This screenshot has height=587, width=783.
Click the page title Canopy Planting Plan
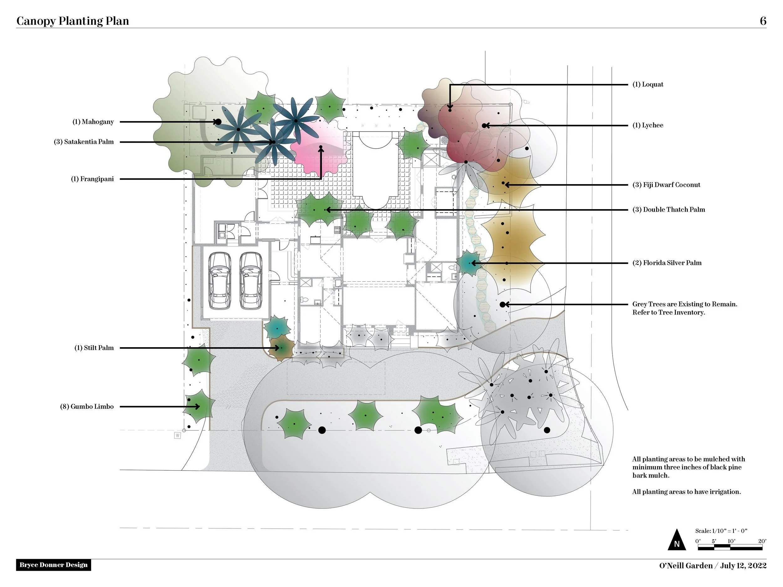[x=73, y=21]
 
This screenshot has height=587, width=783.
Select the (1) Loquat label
[x=648, y=85]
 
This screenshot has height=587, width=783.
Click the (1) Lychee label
[x=648, y=125]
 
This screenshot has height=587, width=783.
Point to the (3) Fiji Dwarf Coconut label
[x=666, y=185]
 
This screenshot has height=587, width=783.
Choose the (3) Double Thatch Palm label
[x=669, y=209]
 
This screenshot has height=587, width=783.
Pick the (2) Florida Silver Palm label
[x=667, y=263]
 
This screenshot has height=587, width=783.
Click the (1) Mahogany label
[x=93, y=122]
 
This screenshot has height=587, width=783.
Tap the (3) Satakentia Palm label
[x=84, y=142]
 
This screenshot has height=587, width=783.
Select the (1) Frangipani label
[x=92, y=179]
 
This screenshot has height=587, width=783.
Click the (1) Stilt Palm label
[x=94, y=348]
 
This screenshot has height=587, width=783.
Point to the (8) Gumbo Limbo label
[x=87, y=407]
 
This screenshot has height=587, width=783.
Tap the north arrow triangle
[x=677, y=541]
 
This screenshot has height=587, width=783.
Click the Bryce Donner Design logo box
[x=54, y=565]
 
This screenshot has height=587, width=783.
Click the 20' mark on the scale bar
[x=762, y=541]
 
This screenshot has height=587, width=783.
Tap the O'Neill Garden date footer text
[x=713, y=566]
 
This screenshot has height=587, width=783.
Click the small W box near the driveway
[x=178, y=435]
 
